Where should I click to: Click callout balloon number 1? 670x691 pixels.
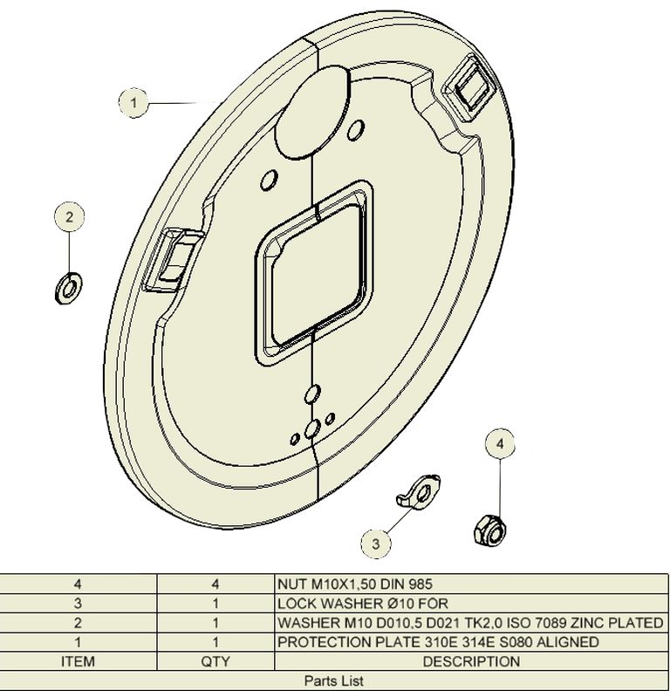click(x=133, y=103)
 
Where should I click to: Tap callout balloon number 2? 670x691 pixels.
click(x=69, y=217)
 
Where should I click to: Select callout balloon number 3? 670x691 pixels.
click(x=375, y=544)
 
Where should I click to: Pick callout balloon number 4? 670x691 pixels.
click(x=500, y=444)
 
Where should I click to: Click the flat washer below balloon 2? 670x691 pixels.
click(x=69, y=289)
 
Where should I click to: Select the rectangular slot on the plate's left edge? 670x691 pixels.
click(x=174, y=260)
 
